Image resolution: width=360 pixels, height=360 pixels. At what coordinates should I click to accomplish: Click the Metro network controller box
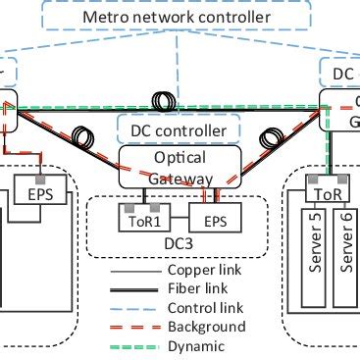179,18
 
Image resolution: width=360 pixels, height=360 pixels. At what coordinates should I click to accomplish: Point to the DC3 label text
179,240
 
